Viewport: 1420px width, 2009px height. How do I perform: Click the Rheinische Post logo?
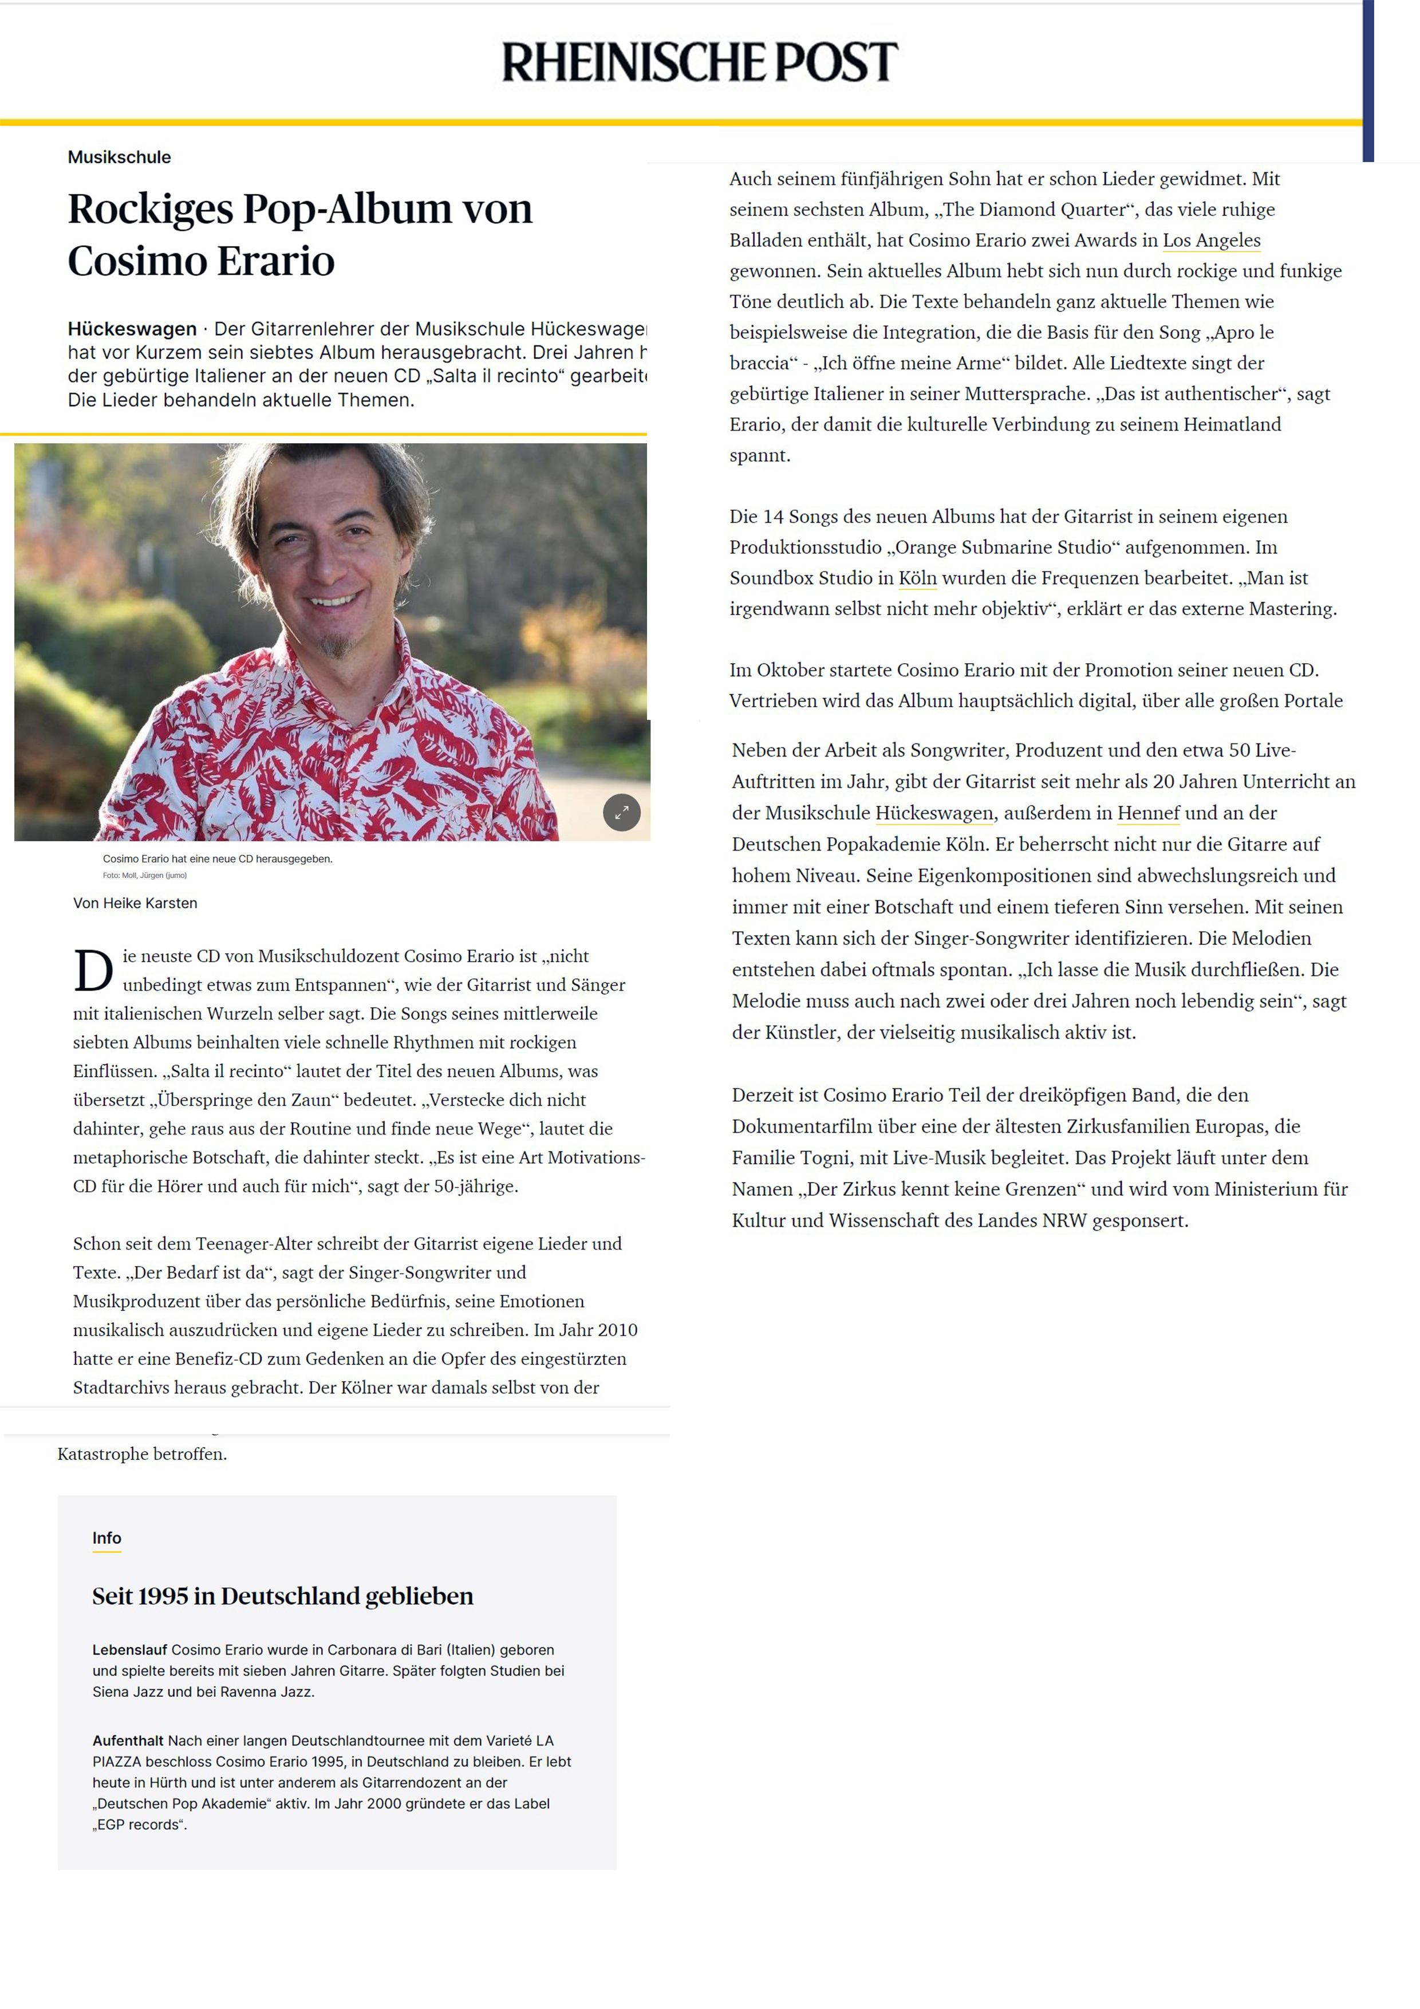[x=699, y=62]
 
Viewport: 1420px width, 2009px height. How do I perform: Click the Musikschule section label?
[x=119, y=157]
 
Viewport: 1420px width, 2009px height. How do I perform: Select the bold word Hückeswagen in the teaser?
[x=132, y=329]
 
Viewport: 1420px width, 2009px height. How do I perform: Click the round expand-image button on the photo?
[x=621, y=812]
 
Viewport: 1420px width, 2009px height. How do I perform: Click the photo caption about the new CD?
[x=217, y=858]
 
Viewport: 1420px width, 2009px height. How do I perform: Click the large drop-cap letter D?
[x=93, y=971]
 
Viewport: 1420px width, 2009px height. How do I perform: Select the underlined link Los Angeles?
[x=1211, y=241]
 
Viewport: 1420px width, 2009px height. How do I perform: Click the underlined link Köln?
[x=917, y=578]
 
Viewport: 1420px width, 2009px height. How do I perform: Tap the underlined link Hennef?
[x=1148, y=813]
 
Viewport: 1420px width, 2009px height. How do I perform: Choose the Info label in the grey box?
[x=107, y=1538]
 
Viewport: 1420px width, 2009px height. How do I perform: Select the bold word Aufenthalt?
[x=128, y=1740]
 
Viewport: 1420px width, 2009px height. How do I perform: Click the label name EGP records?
[x=140, y=1825]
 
